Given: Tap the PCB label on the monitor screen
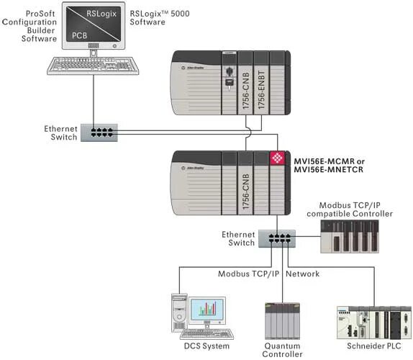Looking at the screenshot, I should (78, 34).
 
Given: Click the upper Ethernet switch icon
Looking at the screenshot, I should (99, 132).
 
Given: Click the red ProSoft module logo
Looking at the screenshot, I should (276, 159).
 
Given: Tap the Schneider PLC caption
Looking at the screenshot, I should (369, 346).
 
